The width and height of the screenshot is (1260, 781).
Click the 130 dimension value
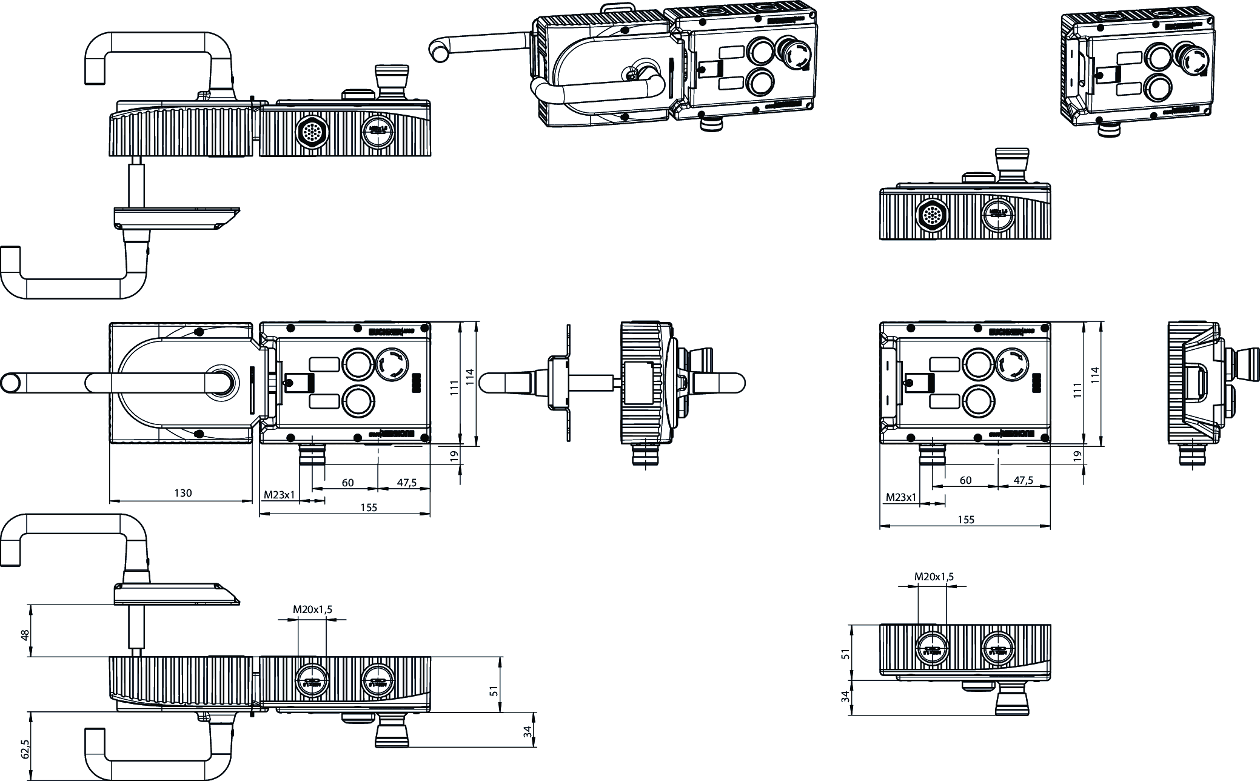click(183, 493)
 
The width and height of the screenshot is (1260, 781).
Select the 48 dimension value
click(25, 635)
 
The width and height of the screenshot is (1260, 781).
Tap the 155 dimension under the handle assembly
click(369, 508)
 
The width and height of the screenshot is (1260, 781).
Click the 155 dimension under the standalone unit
click(966, 520)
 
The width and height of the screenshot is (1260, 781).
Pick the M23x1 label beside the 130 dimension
click(279, 495)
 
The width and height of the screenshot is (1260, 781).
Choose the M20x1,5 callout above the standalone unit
click(934, 577)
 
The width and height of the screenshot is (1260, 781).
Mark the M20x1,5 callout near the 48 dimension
click(312, 609)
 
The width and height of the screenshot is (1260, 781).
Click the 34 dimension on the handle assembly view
click(528, 731)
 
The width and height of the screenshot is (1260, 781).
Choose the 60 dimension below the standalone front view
click(966, 480)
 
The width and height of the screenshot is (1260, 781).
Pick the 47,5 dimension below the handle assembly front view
click(407, 483)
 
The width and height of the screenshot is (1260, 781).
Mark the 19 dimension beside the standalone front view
click(1077, 456)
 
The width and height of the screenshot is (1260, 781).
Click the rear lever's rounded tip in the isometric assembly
click(437, 48)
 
